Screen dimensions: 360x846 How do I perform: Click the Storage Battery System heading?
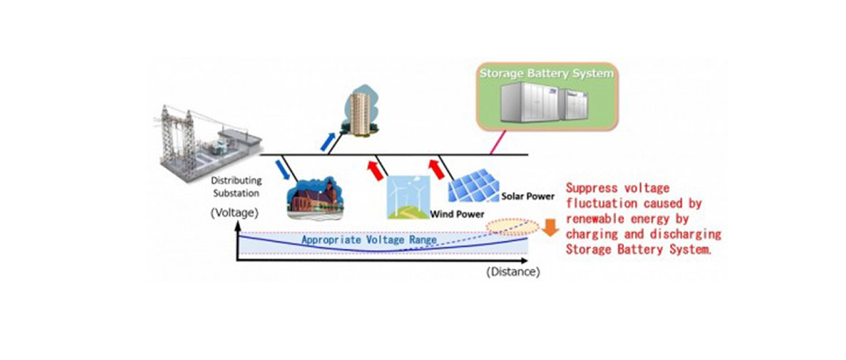(x=546, y=74)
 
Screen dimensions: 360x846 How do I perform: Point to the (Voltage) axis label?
(x=234, y=214)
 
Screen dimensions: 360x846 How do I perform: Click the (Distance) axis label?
(x=513, y=272)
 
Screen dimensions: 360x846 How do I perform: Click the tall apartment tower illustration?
(x=361, y=111)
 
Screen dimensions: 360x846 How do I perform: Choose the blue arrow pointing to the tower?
(x=326, y=140)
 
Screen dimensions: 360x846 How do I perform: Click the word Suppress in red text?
(x=591, y=189)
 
